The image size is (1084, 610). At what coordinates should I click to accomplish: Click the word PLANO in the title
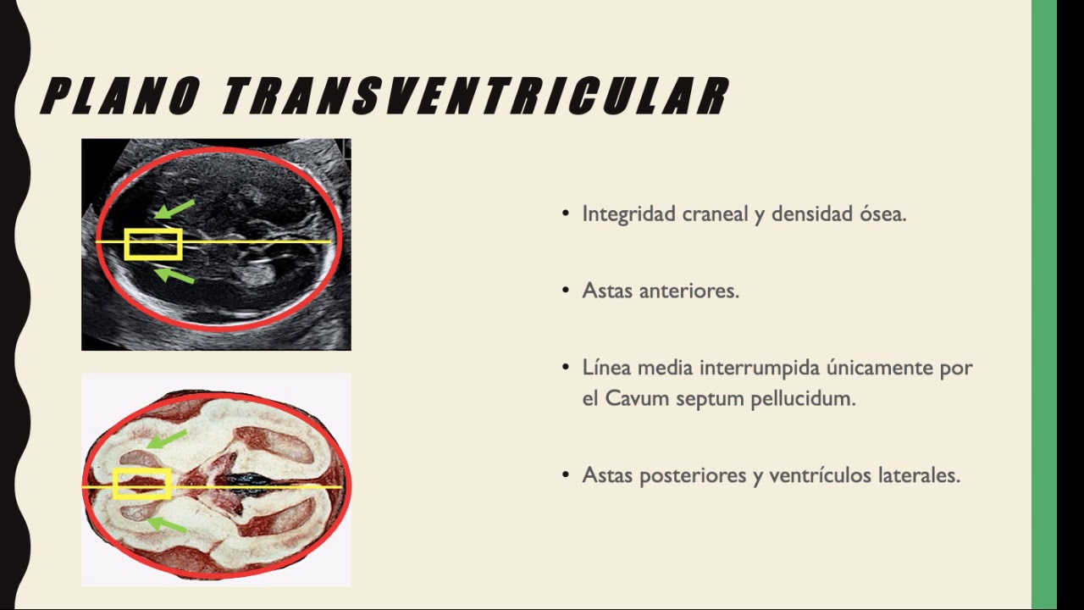pyautogui.click(x=120, y=96)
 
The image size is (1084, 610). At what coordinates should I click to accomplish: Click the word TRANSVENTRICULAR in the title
pyautogui.click(x=474, y=96)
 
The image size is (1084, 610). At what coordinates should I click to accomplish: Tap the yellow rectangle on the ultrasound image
pyautogui.click(x=153, y=244)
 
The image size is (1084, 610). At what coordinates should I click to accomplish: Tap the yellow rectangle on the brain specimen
pyautogui.click(x=142, y=484)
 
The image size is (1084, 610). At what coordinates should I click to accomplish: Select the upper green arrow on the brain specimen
pyautogui.click(x=167, y=439)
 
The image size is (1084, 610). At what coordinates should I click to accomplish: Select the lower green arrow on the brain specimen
pyautogui.click(x=167, y=524)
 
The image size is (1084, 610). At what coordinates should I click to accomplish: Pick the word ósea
pyautogui.click(x=882, y=214)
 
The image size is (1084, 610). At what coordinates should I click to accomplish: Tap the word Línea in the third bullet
pyautogui.click(x=606, y=368)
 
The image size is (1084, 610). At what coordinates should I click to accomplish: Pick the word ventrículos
pyautogui.click(x=820, y=475)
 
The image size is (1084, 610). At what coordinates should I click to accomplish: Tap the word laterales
pyautogui.click(x=919, y=475)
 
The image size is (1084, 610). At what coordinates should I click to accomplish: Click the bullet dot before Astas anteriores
pyautogui.click(x=566, y=291)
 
